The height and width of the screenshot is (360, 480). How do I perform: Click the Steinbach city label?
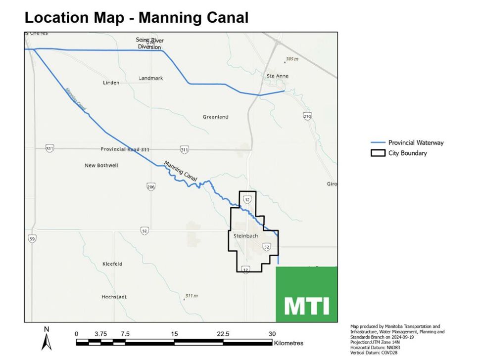(x=246, y=236)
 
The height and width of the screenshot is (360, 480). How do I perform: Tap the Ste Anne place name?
(x=277, y=76)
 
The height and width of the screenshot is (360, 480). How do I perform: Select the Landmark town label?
(x=150, y=78)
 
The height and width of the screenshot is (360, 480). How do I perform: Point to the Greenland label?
(x=215, y=117)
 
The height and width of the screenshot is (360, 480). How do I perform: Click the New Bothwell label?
(x=101, y=165)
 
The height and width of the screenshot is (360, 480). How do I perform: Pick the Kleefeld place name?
(x=112, y=264)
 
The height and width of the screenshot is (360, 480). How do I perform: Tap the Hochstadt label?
(x=114, y=297)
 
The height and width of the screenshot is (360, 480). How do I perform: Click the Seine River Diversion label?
(x=149, y=44)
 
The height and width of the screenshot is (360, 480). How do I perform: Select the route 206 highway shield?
(x=151, y=186)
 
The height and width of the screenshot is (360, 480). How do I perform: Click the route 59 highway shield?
(x=32, y=239)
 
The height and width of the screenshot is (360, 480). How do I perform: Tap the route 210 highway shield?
(x=307, y=116)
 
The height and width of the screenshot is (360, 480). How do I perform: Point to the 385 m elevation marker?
(x=291, y=59)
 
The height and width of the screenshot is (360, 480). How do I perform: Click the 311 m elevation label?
(x=191, y=296)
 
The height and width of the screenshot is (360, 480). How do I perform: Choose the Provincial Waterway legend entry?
(x=416, y=142)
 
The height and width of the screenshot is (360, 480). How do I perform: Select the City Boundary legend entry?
(x=407, y=153)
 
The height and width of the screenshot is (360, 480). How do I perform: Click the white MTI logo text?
(x=307, y=306)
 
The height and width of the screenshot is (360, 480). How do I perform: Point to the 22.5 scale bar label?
(x=223, y=334)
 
